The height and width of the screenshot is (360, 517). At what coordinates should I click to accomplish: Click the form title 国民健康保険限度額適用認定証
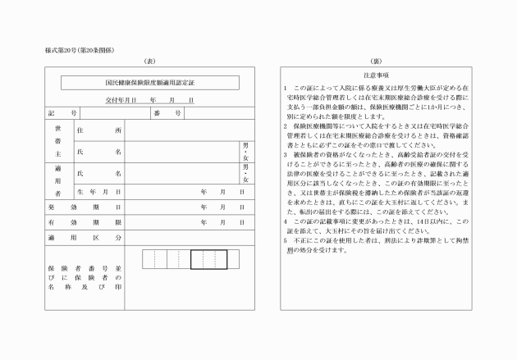tap(150, 83)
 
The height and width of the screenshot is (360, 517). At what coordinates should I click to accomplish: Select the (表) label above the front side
tap(149, 62)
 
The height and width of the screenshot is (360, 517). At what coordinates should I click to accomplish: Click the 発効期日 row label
tap(85, 207)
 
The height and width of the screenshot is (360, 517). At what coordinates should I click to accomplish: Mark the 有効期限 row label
tap(85, 222)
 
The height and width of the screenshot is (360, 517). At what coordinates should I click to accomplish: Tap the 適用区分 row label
tap(85, 238)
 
